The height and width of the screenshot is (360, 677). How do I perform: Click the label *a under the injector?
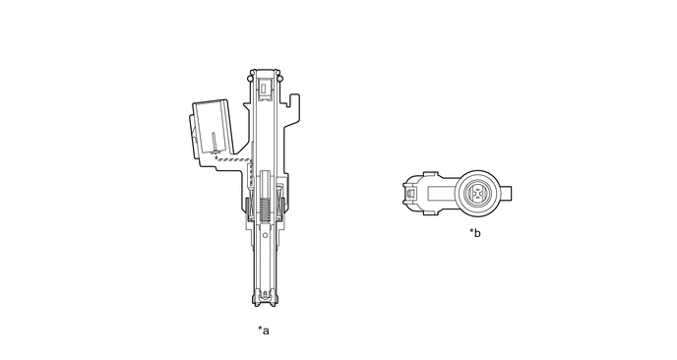click(264, 330)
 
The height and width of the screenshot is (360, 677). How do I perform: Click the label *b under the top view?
click(475, 233)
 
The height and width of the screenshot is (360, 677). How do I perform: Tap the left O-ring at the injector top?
click(249, 79)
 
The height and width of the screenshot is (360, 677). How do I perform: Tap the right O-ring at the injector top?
click(280, 79)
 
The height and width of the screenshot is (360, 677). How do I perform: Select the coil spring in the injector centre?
click(266, 209)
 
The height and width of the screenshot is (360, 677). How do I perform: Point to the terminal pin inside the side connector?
click(214, 143)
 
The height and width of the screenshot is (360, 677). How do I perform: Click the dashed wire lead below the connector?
click(233, 159)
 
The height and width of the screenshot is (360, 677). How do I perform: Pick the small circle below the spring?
click(266, 235)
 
